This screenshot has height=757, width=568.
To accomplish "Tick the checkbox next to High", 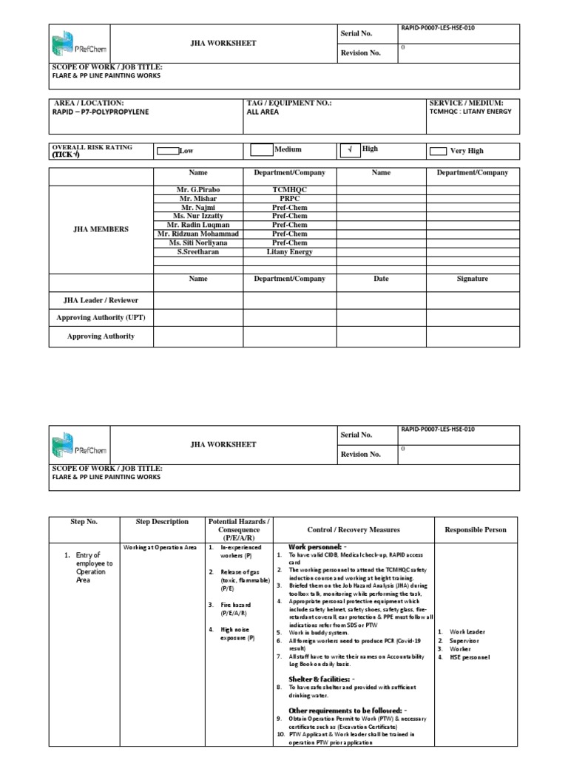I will tap(349, 150).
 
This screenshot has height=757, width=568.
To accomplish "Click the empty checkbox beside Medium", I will tap(261, 150).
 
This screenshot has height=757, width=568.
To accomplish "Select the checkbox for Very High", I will tap(438, 151).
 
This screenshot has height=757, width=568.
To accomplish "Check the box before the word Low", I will tap(168, 151).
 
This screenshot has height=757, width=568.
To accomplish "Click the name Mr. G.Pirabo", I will tap(198, 190).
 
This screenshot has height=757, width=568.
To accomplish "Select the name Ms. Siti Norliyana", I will tap(198, 242).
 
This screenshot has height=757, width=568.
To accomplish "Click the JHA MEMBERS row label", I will tap(101, 229).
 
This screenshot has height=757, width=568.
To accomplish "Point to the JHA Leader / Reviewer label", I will tap(101, 300).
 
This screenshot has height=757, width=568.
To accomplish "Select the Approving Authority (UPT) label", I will tap(101, 318).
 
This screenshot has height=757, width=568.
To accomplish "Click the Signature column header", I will tap(473, 279).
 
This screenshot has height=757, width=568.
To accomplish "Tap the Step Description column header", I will tap(162, 522).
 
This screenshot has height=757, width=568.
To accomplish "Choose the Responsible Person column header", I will tap(476, 530).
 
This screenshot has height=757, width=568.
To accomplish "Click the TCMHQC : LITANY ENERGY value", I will tap(470, 112).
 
